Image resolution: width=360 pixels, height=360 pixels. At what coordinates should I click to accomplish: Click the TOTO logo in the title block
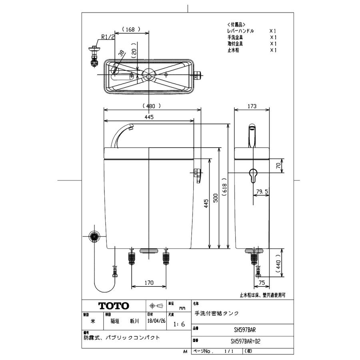(114, 306)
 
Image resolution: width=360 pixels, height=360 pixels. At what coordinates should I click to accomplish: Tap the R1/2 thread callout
(108, 37)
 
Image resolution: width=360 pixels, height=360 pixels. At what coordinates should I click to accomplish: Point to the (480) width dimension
(151, 106)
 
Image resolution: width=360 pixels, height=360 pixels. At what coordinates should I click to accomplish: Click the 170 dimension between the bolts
(149, 283)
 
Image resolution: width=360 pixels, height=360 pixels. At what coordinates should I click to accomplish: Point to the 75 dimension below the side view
(262, 283)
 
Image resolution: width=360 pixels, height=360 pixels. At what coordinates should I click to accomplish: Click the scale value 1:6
(178, 324)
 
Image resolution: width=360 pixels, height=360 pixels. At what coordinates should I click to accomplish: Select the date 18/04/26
(155, 321)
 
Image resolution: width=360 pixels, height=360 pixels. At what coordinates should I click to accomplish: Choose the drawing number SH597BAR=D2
(248, 342)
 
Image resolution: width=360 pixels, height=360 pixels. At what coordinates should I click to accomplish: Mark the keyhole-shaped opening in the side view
(252, 175)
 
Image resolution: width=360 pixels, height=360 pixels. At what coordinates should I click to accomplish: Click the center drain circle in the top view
(149, 74)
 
